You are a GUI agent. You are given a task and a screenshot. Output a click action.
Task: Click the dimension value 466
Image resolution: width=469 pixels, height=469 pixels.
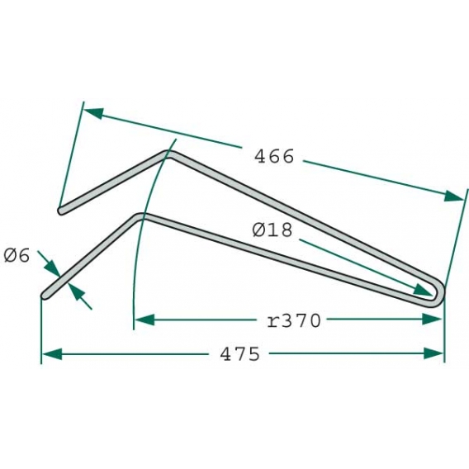(273, 156)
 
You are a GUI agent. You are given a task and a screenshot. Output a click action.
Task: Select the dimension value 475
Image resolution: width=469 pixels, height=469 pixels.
(240, 354)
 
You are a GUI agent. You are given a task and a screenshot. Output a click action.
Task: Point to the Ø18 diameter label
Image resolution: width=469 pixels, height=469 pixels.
(272, 231)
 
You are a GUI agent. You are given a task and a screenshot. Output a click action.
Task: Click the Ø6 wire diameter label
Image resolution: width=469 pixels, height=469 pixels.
(17, 255)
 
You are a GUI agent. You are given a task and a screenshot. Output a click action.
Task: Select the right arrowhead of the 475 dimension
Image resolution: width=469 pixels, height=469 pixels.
(435, 353)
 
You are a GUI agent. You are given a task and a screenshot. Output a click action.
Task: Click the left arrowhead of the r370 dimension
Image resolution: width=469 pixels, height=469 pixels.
(144, 320)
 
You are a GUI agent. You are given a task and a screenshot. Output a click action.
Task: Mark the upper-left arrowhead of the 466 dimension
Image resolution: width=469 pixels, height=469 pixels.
(92, 113)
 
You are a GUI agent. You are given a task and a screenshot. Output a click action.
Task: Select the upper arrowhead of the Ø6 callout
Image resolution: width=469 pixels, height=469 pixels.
(54, 269)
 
